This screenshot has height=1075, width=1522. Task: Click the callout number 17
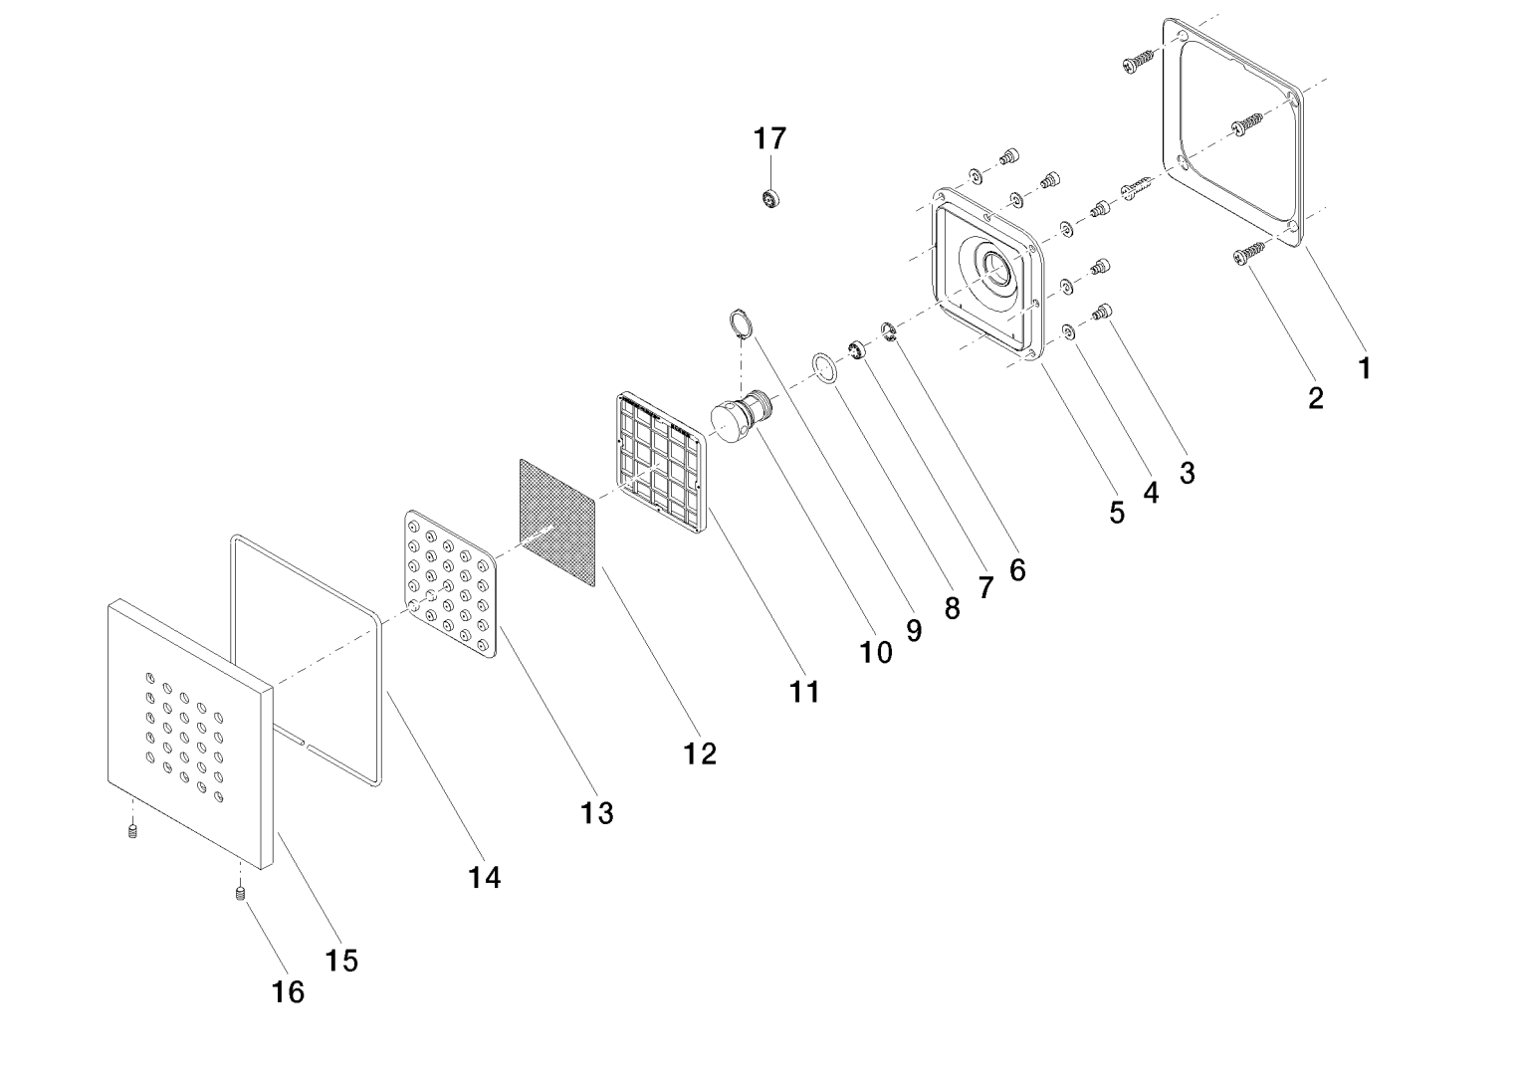tap(769, 138)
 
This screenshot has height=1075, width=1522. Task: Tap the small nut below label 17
tap(769, 198)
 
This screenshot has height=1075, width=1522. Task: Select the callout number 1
tap(1365, 367)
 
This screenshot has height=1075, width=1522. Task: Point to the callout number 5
tap(1117, 513)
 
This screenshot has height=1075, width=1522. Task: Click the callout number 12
tap(701, 753)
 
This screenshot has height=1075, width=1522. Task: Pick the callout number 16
tap(289, 991)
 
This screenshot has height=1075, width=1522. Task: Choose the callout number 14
tap(485, 877)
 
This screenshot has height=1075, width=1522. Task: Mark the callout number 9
tap(914, 629)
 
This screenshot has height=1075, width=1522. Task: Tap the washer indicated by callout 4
tap(1067, 331)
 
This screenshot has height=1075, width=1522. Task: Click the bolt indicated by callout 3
tap(1102, 312)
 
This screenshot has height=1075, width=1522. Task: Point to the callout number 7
tap(985, 588)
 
